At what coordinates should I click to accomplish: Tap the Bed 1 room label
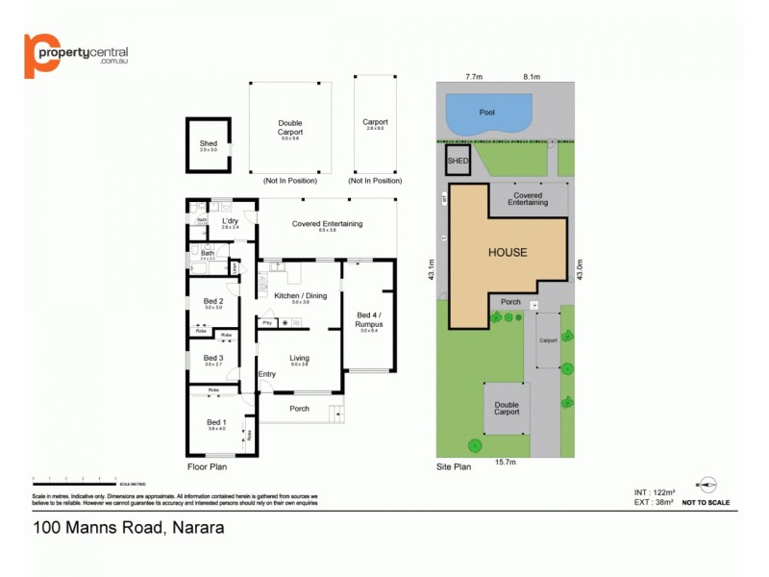click(x=216, y=422)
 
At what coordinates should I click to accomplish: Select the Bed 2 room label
click(x=213, y=301)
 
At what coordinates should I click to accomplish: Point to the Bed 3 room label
click(x=213, y=358)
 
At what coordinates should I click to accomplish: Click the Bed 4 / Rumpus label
click(x=368, y=319)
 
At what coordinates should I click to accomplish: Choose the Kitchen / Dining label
click(x=300, y=296)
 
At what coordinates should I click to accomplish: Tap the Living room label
click(x=299, y=358)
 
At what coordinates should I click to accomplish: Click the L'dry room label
click(x=230, y=222)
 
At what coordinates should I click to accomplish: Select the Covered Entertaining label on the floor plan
click(x=327, y=224)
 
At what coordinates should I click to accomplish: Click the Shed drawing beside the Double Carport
click(x=209, y=144)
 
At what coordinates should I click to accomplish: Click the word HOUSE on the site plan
click(x=508, y=253)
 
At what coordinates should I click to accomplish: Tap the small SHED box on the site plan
click(x=458, y=161)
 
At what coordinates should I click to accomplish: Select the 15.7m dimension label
click(x=506, y=463)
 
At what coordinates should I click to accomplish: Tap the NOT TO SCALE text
click(x=706, y=502)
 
